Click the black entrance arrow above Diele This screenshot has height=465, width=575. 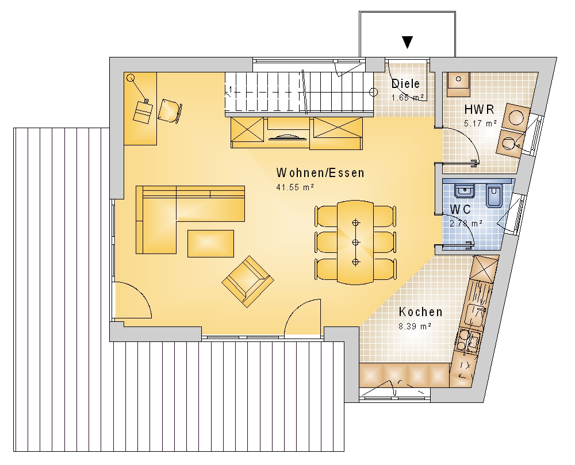[407, 42]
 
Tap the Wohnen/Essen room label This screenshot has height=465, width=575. [320, 172]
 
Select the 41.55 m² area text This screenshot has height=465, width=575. [295, 187]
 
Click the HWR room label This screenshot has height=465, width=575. [479, 109]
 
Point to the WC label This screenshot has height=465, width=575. [460, 209]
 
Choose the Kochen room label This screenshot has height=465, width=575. [420, 312]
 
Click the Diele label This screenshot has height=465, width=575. [405, 83]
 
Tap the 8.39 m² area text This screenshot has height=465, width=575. [415, 326]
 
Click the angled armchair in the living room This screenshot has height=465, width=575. [248, 281]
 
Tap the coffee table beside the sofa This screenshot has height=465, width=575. [211, 243]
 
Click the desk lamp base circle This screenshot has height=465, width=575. [130, 78]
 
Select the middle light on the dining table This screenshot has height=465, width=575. [355, 242]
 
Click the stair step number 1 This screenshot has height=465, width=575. [231, 89]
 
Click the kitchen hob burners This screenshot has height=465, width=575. [468, 342]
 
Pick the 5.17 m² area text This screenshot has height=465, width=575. [480, 124]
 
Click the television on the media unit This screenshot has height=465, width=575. [288, 137]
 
